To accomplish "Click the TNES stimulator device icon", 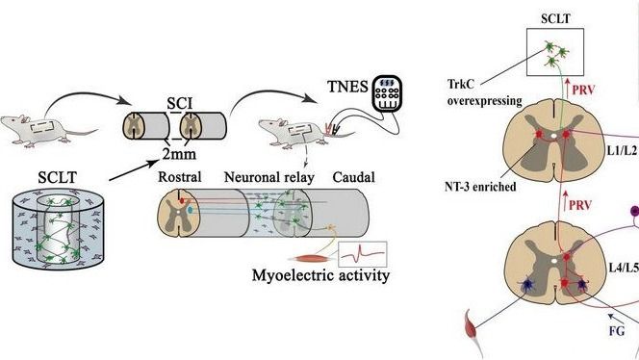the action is point(387,93).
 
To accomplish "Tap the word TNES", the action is point(347,87).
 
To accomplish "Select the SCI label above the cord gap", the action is point(180,104).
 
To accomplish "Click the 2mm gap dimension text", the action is point(179,154).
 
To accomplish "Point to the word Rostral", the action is point(180,177).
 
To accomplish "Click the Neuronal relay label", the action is point(268,177).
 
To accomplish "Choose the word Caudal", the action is point(354,177).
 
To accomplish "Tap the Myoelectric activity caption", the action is point(320,275).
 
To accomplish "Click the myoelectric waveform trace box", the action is point(363,254).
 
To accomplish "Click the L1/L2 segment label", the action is point(622,150).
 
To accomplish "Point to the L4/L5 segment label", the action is point(624,268).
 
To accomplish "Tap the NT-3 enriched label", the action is point(480,187).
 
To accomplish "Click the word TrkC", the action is point(461,85).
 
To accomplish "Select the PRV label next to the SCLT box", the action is point(583,90).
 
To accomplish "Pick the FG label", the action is point(617,331).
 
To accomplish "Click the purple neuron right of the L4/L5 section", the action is point(634,211).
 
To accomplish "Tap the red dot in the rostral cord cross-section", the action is point(182,200).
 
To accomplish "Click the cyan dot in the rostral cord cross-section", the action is point(191,211).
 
